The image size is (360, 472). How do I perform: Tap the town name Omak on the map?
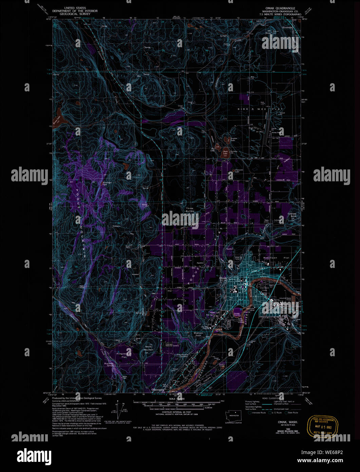[x=223, y=278]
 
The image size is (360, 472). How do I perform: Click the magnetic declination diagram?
[x=119, y=411]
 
